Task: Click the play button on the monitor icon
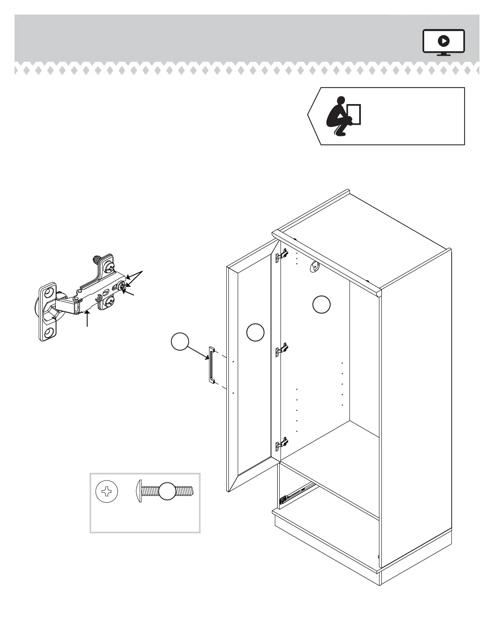444,41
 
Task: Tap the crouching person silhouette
338,116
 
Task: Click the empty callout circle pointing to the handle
180,342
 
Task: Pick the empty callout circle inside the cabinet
321,305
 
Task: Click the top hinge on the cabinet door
282,255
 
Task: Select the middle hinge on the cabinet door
282,349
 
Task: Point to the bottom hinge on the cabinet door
282,444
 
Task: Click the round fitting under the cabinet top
314,266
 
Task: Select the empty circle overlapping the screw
167,491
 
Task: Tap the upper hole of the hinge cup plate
49,292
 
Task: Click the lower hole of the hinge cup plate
49,332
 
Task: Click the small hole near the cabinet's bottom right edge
379,557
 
